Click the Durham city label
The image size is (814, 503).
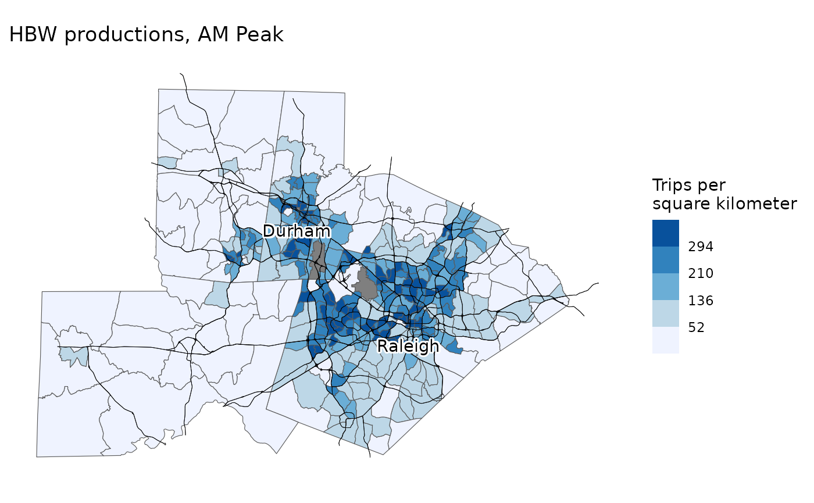coord(297,231)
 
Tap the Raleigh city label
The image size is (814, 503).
coord(408,347)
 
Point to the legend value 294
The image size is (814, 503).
coord(701,247)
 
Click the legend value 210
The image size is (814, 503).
coord(701,273)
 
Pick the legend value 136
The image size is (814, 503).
coord(701,301)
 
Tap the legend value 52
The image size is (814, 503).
coord(697,327)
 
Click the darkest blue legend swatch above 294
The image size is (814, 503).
coord(665,233)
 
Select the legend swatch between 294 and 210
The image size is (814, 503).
coord(665,259)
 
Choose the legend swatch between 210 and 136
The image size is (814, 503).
coord(665,286)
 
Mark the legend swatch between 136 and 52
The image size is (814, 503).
coord(665,313)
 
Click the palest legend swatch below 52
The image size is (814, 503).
coord(665,340)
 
